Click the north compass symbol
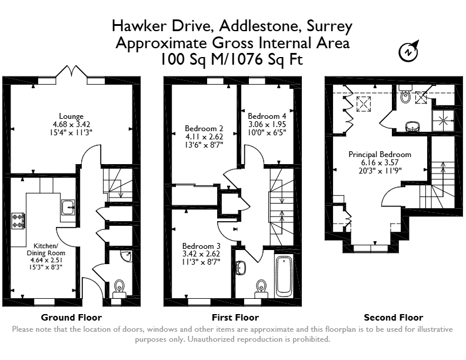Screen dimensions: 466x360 pos(408,52)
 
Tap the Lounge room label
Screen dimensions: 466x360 pos(71,116)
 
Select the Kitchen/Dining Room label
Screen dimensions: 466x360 pos(46,249)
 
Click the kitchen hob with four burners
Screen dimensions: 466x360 pos(18,221)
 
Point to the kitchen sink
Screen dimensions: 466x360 pos(68,207)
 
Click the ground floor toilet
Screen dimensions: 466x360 pos(119,288)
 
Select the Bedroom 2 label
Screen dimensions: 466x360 pos(204,128)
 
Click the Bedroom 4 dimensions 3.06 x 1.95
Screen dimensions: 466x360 pos(267,124)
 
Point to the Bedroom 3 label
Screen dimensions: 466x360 pos(201,246)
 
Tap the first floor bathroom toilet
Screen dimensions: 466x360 pos(261,288)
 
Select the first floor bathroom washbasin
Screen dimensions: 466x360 pos(241,268)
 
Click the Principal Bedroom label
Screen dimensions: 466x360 pos(380,155)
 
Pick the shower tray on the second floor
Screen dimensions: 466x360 pos(443,121)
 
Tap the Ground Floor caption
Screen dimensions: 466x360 pos(71,318)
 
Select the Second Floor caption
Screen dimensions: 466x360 pos(394,318)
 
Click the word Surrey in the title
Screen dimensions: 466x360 pos(329,26)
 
